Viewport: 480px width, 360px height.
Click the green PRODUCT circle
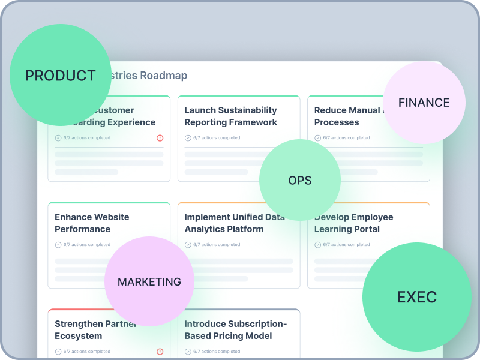(60, 76)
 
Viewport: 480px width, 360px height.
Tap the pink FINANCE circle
(424, 103)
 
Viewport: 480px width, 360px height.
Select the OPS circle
(300, 181)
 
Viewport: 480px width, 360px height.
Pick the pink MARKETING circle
(149, 282)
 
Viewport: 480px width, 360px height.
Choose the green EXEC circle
(416, 297)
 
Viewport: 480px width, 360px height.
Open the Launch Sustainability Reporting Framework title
(230, 116)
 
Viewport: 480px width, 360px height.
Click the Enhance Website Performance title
(92, 223)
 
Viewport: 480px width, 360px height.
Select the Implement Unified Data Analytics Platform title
(234, 223)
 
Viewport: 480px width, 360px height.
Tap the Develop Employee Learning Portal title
(353, 223)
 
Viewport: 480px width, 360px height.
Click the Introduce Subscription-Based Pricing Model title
(236, 330)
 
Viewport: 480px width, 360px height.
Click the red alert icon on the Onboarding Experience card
(160, 138)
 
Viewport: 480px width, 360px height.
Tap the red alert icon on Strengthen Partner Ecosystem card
(160, 352)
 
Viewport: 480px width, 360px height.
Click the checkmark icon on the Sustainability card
(188, 138)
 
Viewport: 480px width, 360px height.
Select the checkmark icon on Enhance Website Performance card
(58, 245)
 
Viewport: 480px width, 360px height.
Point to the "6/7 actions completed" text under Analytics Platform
(217, 245)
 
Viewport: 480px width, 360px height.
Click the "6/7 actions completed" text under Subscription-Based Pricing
(217, 352)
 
